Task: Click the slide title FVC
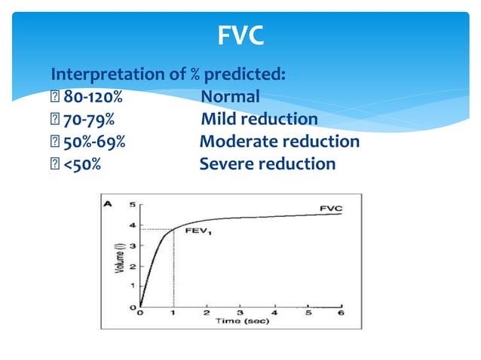click(x=240, y=35)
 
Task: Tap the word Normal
click(x=230, y=97)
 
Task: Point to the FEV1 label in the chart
click(x=198, y=232)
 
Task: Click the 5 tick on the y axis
click(x=132, y=205)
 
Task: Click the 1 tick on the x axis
click(x=173, y=312)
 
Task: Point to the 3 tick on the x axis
click(x=241, y=312)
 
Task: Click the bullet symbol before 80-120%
click(x=54, y=97)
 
